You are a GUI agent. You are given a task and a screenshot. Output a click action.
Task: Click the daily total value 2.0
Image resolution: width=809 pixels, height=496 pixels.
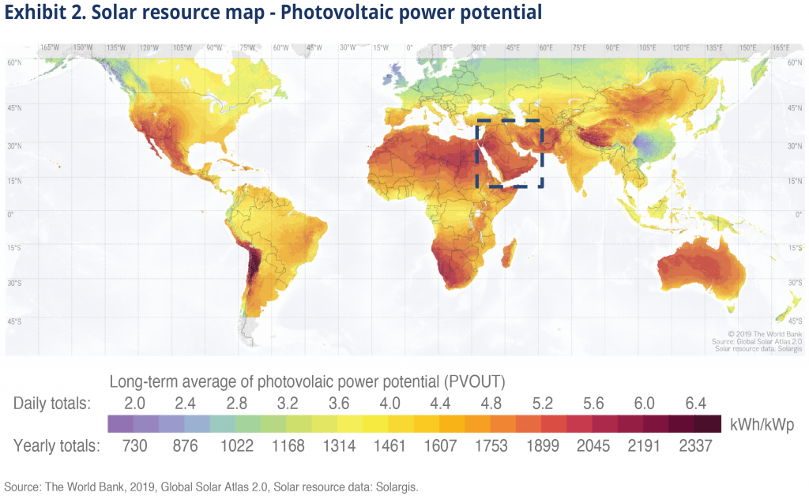point(134,403)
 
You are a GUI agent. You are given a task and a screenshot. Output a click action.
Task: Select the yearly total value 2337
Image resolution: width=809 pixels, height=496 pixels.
point(695,445)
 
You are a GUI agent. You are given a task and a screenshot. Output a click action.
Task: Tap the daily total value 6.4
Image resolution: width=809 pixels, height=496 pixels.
point(695,403)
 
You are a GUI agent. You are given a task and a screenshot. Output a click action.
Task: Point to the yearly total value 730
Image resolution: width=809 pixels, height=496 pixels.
point(134,445)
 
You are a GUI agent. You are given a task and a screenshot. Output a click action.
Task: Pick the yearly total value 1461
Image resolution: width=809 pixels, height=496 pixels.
point(389,445)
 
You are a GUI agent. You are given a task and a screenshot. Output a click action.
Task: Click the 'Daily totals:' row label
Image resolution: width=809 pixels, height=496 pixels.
point(52,403)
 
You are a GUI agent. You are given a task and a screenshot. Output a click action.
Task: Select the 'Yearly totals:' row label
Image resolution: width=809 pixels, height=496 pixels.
point(56,445)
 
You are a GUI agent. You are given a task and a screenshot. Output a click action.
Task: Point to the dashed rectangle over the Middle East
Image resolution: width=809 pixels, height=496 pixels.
point(510,122)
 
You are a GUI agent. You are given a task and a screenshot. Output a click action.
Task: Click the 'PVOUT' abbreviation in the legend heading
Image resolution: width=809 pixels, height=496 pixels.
point(476,381)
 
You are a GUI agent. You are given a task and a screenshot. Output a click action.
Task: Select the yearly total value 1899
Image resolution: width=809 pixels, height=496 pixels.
point(543,445)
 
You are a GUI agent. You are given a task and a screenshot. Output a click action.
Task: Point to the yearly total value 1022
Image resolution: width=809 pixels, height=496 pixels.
point(236,445)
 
